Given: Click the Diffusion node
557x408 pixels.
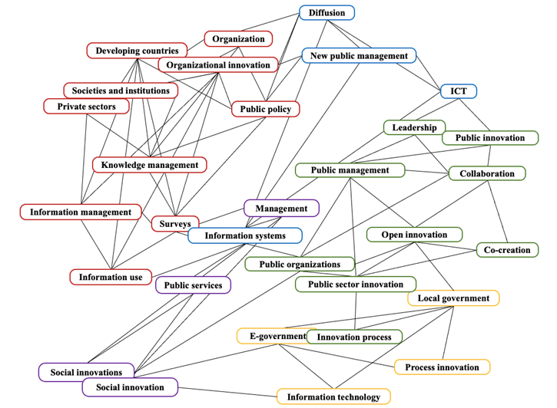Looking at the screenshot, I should [327, 13].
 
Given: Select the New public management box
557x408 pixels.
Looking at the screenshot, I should [359, 56].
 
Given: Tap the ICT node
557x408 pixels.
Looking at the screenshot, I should [459, 91].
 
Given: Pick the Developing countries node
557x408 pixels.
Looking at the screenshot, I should [137, 51].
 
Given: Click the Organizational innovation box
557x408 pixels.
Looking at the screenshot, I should [220, 65].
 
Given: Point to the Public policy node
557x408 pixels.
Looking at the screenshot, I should [265, 110].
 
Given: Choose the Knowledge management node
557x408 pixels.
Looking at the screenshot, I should [149, 164].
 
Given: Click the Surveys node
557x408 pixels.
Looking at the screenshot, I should [175, 224].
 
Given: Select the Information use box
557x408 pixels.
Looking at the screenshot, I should [111, 277].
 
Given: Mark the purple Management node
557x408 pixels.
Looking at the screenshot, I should [281, 208].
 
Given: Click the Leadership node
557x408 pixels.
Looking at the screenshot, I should [414, 127].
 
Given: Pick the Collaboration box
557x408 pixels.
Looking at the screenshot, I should [487, 173].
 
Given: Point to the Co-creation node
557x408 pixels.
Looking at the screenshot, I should [507, 250].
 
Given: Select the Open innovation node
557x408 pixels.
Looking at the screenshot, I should [414, 234].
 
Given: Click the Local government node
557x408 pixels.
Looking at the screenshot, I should [453, 298].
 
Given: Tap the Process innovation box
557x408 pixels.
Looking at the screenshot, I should [442, 367].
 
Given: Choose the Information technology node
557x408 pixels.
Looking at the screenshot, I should [333, 396].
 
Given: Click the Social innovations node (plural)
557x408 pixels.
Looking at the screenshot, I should [87, 372].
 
